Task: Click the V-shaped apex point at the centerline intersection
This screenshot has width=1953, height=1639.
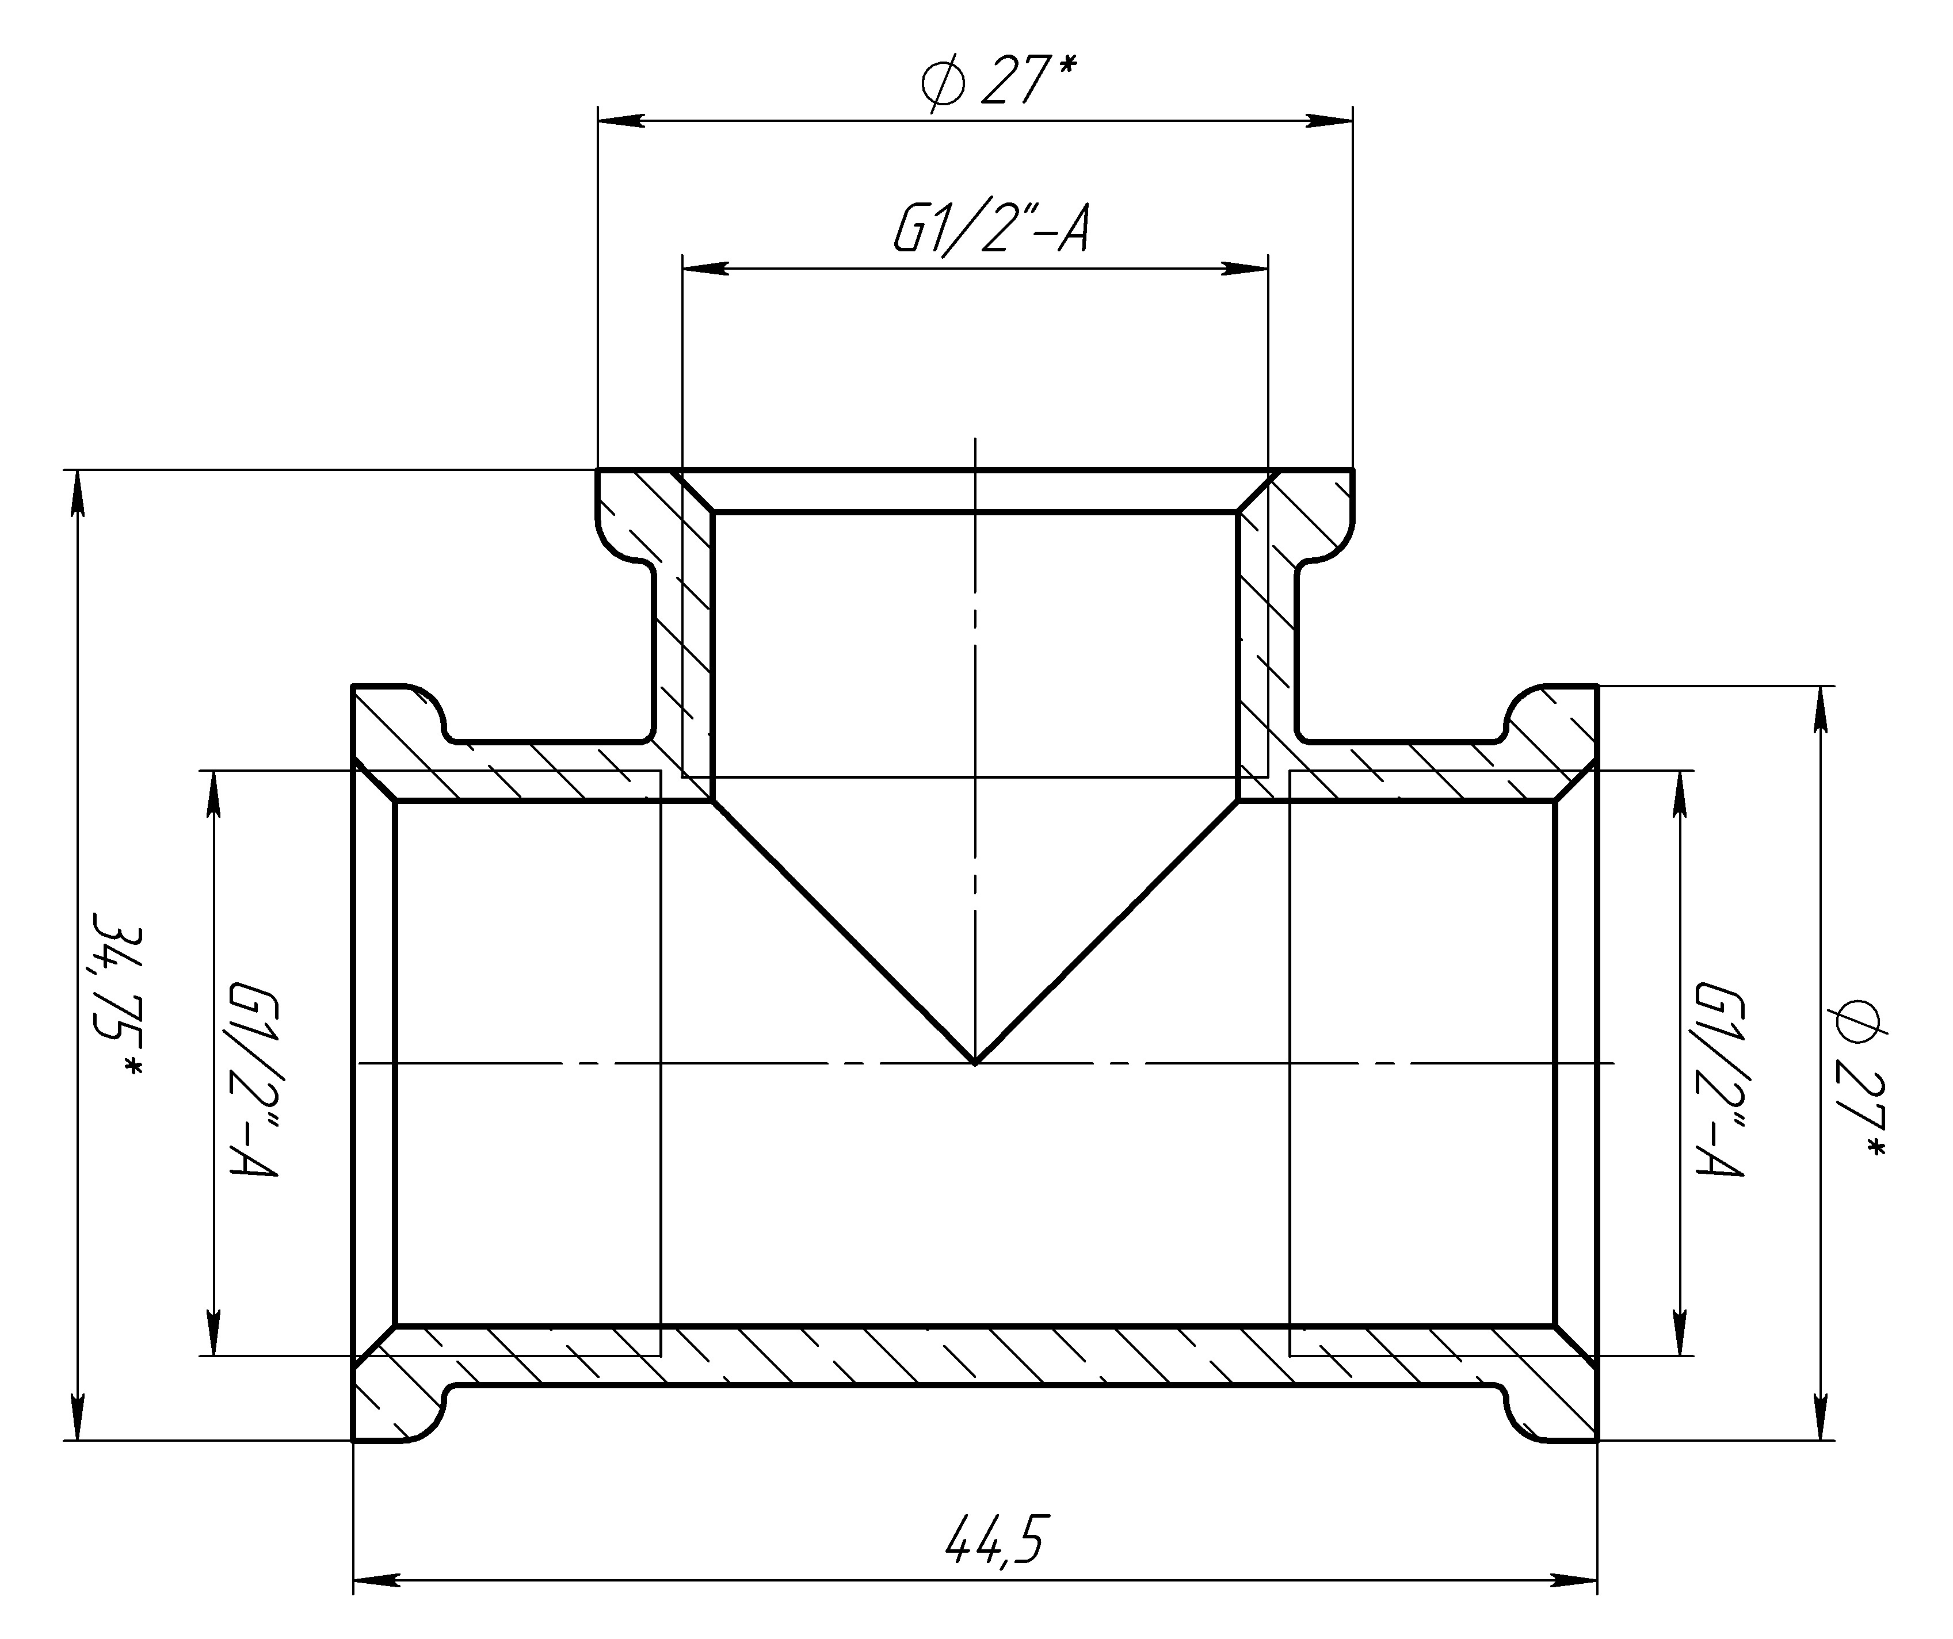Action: [x=975, y=1063]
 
